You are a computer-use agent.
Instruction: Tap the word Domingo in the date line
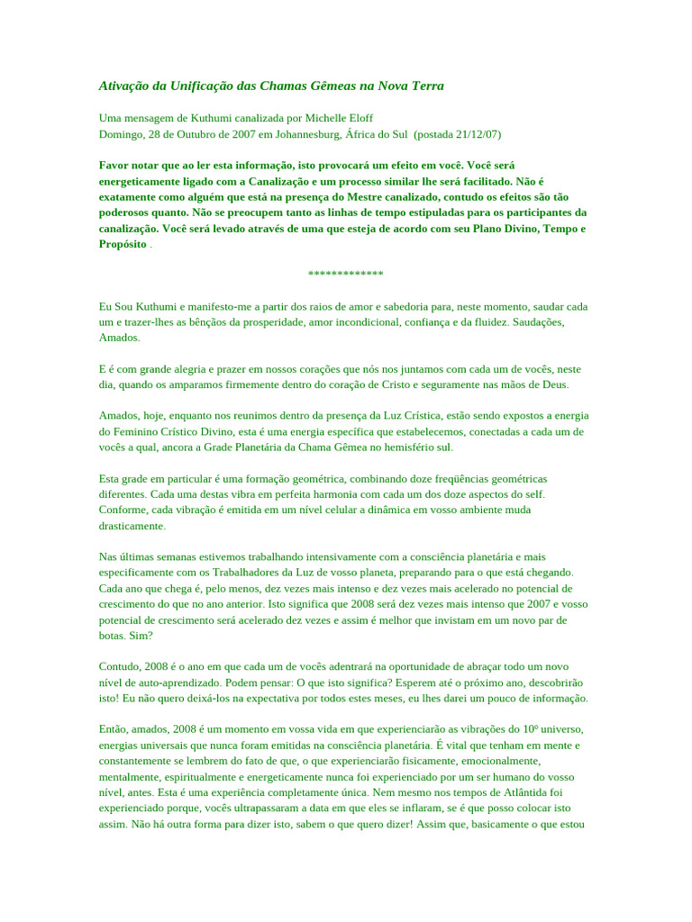click(121, 134)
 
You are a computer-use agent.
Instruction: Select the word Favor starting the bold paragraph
click(114, 165)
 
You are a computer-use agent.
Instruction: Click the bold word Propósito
click(123, 244)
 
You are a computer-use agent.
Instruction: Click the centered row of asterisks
click(345, 275)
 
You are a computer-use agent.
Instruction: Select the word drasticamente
click(132, 525)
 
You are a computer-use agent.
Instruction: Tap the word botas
click(113, 635)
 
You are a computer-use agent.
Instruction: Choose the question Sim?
click(141, 635)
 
